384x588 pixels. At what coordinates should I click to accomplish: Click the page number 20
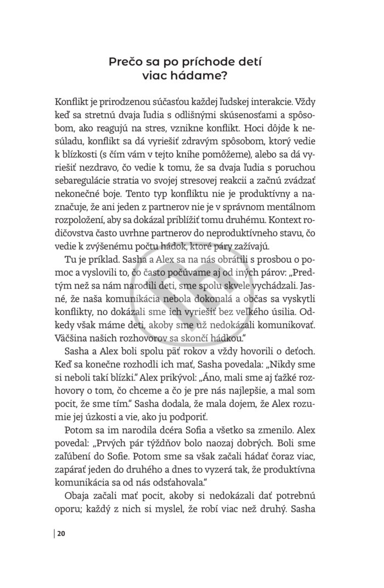pyautogui.click(x=61, y=534)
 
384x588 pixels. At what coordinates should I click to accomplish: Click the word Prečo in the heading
pyautogui.click(x=126, y=62)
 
